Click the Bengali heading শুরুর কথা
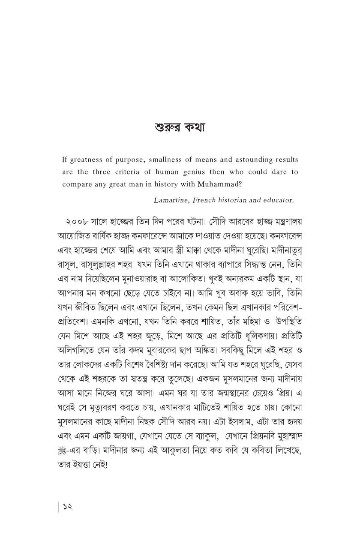(x=180, y=128)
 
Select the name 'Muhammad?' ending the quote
(x=220, y=184)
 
